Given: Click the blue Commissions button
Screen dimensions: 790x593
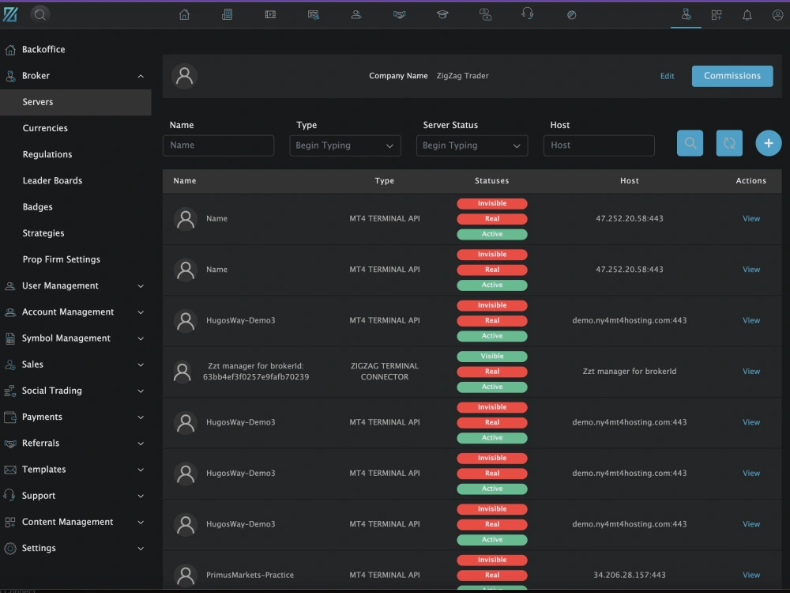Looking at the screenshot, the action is (732, 76).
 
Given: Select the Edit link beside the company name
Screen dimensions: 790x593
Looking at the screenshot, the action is (667, 76).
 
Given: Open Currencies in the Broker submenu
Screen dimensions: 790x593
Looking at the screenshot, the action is (45, 128).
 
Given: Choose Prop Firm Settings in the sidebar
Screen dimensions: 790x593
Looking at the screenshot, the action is (62, 259).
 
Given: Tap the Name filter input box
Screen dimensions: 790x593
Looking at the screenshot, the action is (218, 145).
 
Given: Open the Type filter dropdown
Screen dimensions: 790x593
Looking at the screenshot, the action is (345, 145).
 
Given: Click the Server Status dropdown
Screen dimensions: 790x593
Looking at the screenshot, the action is (472, 145).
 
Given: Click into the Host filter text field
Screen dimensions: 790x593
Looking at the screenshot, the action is (599, 145).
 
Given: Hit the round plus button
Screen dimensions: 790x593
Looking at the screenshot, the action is (769, 143).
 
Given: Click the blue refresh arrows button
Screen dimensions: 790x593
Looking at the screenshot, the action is (729, 143).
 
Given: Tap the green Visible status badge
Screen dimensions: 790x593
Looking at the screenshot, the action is (492, 356).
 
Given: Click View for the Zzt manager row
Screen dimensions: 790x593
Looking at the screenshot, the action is (751, 371).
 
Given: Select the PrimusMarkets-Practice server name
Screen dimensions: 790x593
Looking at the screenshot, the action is (250, 575).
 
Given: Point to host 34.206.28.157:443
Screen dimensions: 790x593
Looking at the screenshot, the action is (630, 575).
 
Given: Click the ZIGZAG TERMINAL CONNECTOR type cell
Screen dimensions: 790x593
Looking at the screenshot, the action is (385, 371).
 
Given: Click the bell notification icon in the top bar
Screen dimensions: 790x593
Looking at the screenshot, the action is (747, 15).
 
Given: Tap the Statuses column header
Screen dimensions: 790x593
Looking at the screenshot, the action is (491, 180).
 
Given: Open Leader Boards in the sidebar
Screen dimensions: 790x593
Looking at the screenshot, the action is (52, 180).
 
